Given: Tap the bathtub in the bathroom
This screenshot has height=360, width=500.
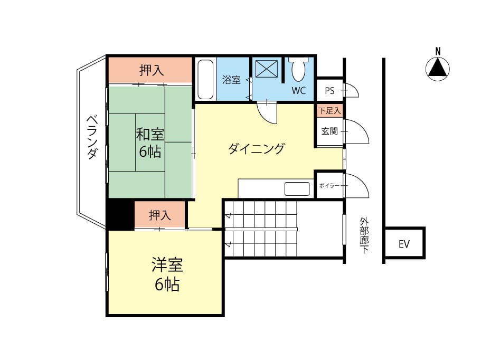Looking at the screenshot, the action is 205,79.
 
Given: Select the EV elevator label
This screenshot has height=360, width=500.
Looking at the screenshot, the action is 404,244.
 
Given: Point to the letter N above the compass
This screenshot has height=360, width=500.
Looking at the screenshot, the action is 438,51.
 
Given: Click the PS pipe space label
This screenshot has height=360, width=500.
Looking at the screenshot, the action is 329,91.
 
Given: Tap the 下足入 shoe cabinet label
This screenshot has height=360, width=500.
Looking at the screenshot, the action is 329,111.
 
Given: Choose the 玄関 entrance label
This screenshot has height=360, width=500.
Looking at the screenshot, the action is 329,131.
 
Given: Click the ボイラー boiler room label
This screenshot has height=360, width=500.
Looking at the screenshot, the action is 329,186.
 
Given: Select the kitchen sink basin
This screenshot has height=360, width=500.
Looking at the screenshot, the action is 297,189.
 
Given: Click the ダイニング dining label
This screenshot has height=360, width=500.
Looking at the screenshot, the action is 256,148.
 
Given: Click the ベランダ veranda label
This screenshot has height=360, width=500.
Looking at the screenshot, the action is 92,137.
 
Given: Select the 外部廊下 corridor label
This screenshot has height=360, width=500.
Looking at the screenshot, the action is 364,235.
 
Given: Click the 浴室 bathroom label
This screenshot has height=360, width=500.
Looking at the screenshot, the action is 231,80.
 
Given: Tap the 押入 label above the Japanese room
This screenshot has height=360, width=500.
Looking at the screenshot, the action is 152,70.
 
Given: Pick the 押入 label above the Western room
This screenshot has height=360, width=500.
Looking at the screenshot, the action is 160,215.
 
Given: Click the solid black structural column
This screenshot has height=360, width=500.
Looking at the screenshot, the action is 120,215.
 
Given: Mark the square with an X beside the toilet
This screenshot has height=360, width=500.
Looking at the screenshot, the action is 267,69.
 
